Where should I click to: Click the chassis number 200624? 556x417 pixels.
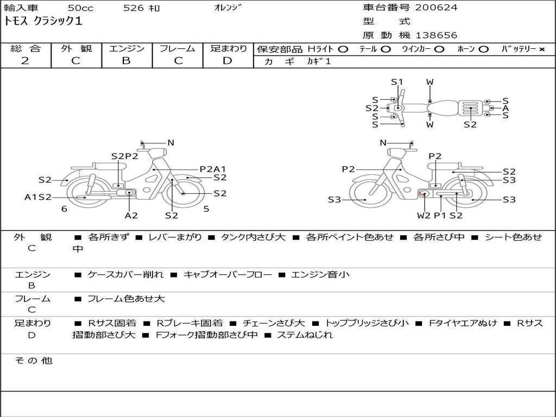(x=437, y=8)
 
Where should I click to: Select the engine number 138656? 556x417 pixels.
(x=437, y=35)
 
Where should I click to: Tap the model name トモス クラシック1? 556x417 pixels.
(x=43, y=22)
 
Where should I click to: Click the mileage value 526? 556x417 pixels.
(x=134, y=8)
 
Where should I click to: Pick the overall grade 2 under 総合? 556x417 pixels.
(x=26, y=61)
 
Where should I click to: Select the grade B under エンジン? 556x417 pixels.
(x=126, y=61)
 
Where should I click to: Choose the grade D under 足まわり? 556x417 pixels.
(x=228, y=61)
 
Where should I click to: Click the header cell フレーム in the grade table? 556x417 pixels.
(x=177, y=49)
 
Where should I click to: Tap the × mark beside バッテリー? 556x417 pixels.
(x=541, y=49)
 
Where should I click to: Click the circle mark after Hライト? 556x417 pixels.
(x=343, y=49)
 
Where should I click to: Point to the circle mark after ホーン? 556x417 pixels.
(x=484, y=49)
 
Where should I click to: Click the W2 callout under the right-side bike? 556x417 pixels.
(x=424, y=215)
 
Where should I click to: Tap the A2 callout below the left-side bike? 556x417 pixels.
(x=131, y=215)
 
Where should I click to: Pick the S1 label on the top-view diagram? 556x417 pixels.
(x=397, y=83)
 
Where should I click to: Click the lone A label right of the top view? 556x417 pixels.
(x=506, y=108)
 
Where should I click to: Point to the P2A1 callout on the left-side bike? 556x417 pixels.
(x=212, y=169)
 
